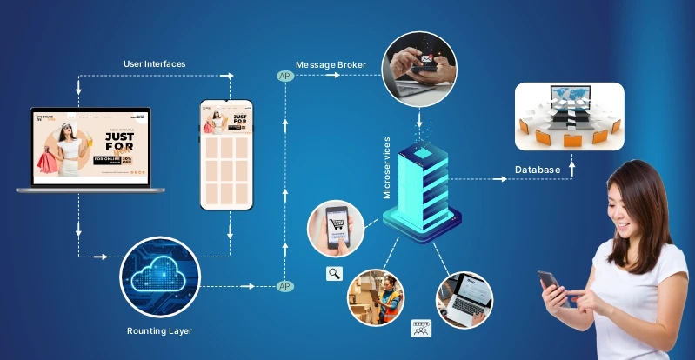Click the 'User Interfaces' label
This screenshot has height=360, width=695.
coord(156,63)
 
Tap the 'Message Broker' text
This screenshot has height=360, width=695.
coord(331,65)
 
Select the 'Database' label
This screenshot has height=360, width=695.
coord(537,169)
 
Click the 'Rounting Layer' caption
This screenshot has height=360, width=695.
coord(159,331)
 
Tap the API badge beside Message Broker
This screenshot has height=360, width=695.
coord(285,77)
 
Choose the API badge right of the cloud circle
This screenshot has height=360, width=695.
coord(285,286)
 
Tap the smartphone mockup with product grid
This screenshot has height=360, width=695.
coord(226,155)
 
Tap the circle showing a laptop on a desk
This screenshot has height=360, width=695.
coord(464,298)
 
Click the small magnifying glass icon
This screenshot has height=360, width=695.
coord(334,274)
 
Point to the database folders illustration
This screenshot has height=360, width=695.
coord(569,116)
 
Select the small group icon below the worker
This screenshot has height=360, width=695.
coord(422,329)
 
